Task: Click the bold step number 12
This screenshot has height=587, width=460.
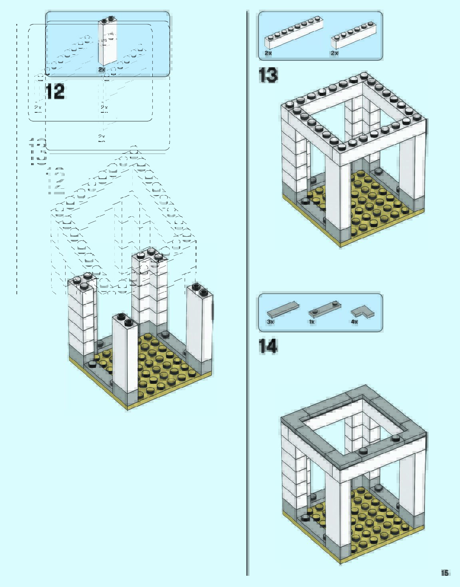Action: click(x=55, y=92)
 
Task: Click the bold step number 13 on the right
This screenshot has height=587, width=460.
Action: click(x=268, y=75)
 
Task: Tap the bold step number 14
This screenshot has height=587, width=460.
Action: click(x=268, y=346)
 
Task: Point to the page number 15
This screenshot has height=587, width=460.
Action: click(x=444, y=573)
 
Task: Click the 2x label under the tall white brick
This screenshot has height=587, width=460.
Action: click(x=102, y=70)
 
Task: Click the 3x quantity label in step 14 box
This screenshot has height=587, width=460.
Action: click(x=271, y=322)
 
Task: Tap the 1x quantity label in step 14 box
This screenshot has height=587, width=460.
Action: click(x=312, y=322)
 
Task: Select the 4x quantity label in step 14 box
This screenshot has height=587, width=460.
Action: click(x=354, y=322)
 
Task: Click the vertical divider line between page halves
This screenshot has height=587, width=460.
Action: click(x=248, y=280)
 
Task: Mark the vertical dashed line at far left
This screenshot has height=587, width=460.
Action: click(x=17, y=160)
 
